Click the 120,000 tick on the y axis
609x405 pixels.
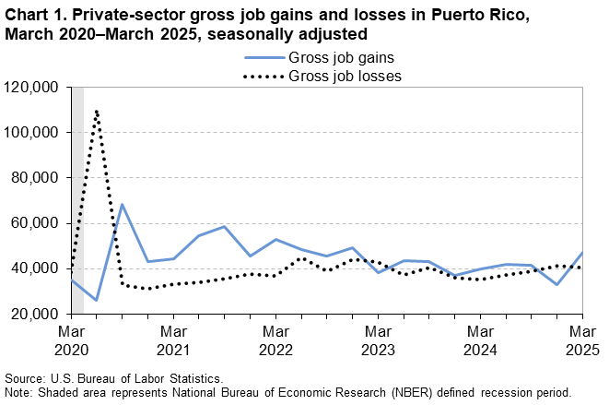click(x=34, y=88)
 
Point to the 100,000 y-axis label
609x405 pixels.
click(x=34, y=133)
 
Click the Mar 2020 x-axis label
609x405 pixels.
click(x=71, y=339)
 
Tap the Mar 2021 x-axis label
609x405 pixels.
click(x=173, y=339)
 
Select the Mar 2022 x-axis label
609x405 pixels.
click(x=275, y=339)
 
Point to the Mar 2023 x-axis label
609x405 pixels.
click(x=377, y=339)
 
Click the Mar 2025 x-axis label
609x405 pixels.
click(x=580, y=339)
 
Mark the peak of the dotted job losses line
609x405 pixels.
click(x=97, y=111)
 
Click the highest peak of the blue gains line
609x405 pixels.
click(x=123, y=205)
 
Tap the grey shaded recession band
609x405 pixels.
click(x=77, y=185)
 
